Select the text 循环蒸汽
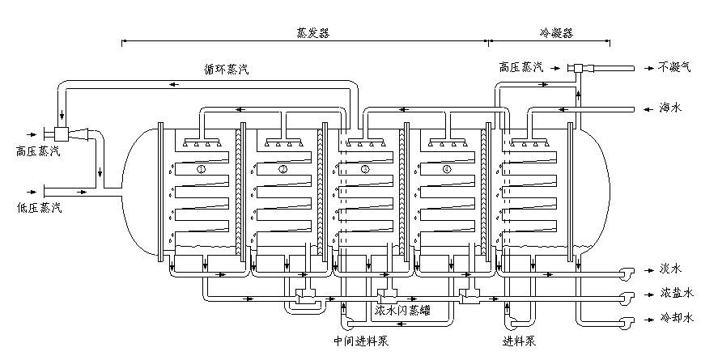pyautogui.click(x=227, y=70)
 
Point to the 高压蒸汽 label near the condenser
pyautogui.click(x=521, y=69)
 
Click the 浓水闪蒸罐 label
pyautogui.click(x=401, y=310)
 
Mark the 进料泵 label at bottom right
pyautogui.click(x=520, y=340)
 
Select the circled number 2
pyautogui.click(x=283, y=170)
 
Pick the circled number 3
pyautogui.click(x=365, y=170)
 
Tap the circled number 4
pyautogui.click(x=447, y=170)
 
